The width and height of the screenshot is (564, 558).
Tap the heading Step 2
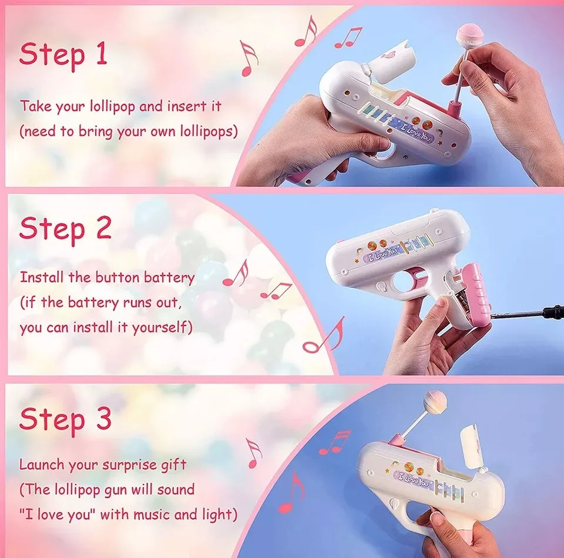(x=65, y=228)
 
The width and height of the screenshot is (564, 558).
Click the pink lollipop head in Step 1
(x=466, y=38)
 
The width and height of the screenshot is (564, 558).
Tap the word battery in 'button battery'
(x=169, y=278)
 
